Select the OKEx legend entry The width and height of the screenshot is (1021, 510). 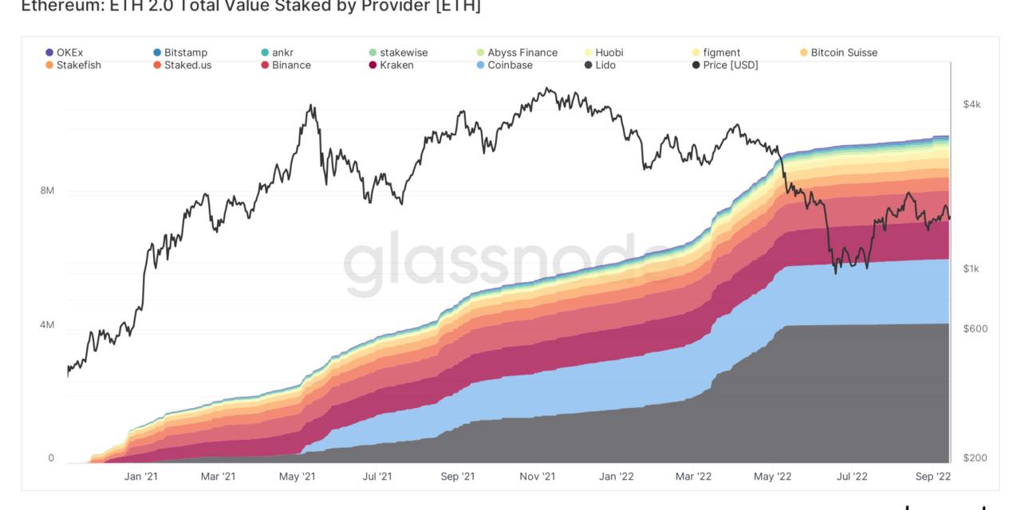(x=69, y=53)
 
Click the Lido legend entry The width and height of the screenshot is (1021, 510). (x=606, y=65)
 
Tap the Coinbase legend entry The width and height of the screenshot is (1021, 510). (x=509, y=65)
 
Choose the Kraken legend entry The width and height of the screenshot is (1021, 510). (x=396, y=65)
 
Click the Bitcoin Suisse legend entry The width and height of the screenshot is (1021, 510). (x=843, y=53)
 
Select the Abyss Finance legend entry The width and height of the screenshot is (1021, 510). (x=522, y=53)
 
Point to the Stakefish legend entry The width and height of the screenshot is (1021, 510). (x=77, y=65)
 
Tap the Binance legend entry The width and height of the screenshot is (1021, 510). (x=290, y=65)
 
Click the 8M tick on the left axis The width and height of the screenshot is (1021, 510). (x=46, y=191)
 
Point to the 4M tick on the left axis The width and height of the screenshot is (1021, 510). (x=46, y=325)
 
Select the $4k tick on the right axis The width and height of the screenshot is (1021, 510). (x=972, y=104)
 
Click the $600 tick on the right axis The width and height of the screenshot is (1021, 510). (x=975, y=328)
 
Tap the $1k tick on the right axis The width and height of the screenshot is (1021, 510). (x=971, y=269)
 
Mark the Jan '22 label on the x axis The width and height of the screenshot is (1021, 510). (x=617, y=477)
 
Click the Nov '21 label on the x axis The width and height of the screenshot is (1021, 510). (x=538, y=477)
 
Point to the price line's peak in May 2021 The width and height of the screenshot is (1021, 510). (x=311, y=104)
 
